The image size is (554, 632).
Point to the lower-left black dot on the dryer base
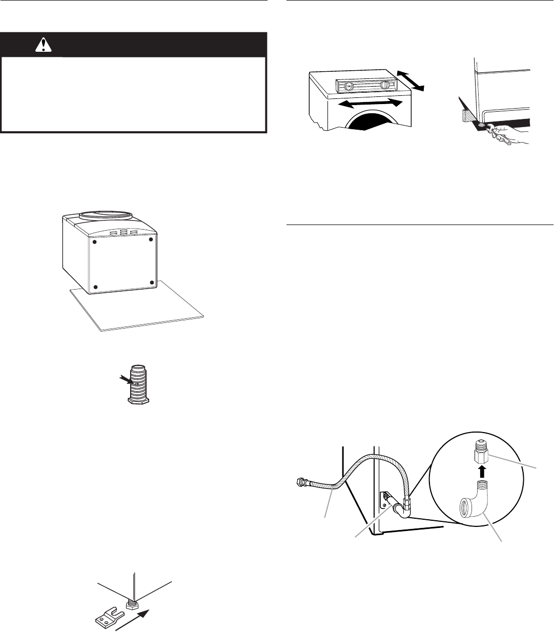[x=95, y=287]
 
